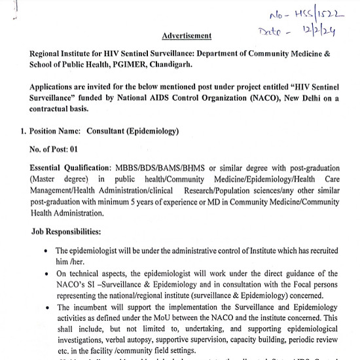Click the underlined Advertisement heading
[x=187, y=35]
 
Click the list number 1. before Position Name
[x=23, y=132]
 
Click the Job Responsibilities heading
[x=66, y=231]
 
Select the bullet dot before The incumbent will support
[x=44, y=308]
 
